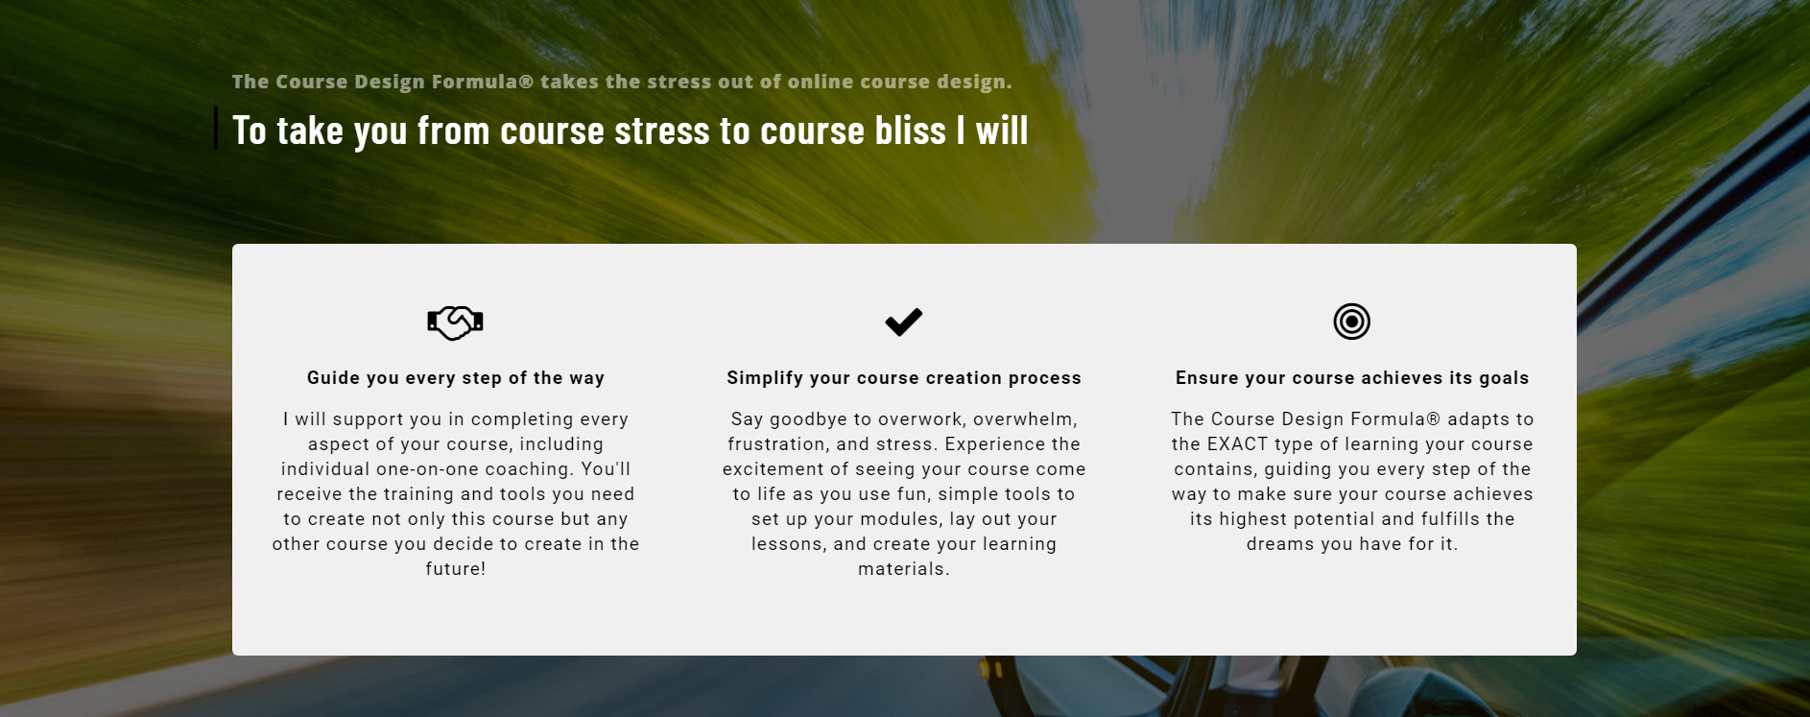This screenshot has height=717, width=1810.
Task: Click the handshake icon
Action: [x=455, y=322]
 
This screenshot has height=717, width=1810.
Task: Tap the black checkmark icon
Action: [x=903, y=322]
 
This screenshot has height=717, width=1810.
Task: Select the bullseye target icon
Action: [x=1351, y=322]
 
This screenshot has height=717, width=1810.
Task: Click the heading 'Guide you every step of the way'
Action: [x=456, y=378]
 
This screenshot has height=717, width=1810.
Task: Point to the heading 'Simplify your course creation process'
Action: [x=904, y=378]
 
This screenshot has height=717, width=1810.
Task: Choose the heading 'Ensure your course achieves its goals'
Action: [x=1352, y=378]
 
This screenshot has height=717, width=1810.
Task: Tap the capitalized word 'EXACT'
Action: [x=1238, y=443]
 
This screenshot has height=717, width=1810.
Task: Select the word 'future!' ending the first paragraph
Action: [x=456, y=568]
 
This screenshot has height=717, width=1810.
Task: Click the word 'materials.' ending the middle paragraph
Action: [x=904, y=568]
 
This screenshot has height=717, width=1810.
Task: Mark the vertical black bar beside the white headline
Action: [x=216, y=128]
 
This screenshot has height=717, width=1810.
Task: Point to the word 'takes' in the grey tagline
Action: [x=570, y=82]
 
